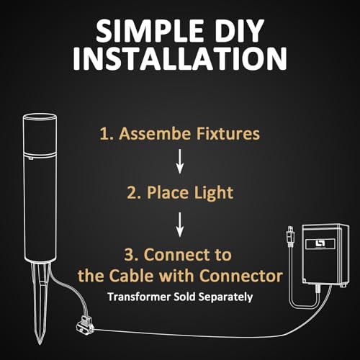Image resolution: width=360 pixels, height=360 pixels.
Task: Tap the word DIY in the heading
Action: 240,31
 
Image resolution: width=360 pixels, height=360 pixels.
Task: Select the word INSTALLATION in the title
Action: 180,58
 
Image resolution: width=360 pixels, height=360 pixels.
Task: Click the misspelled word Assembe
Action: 156,133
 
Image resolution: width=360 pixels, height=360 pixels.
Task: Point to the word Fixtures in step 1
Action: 228,133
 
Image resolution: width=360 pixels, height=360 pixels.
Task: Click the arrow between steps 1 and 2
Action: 180,161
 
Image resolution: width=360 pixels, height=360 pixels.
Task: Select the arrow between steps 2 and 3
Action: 180,225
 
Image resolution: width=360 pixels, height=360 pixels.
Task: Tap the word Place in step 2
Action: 168,193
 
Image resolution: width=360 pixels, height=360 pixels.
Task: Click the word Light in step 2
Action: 214,194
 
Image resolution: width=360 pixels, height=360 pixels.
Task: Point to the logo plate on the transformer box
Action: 320,244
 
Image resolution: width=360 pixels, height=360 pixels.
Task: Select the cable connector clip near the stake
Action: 85,324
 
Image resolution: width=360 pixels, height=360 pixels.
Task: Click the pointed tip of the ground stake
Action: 40,343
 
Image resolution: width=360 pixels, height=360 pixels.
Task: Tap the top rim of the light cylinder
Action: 40,117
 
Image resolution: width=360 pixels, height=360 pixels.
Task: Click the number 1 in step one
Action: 104,133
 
